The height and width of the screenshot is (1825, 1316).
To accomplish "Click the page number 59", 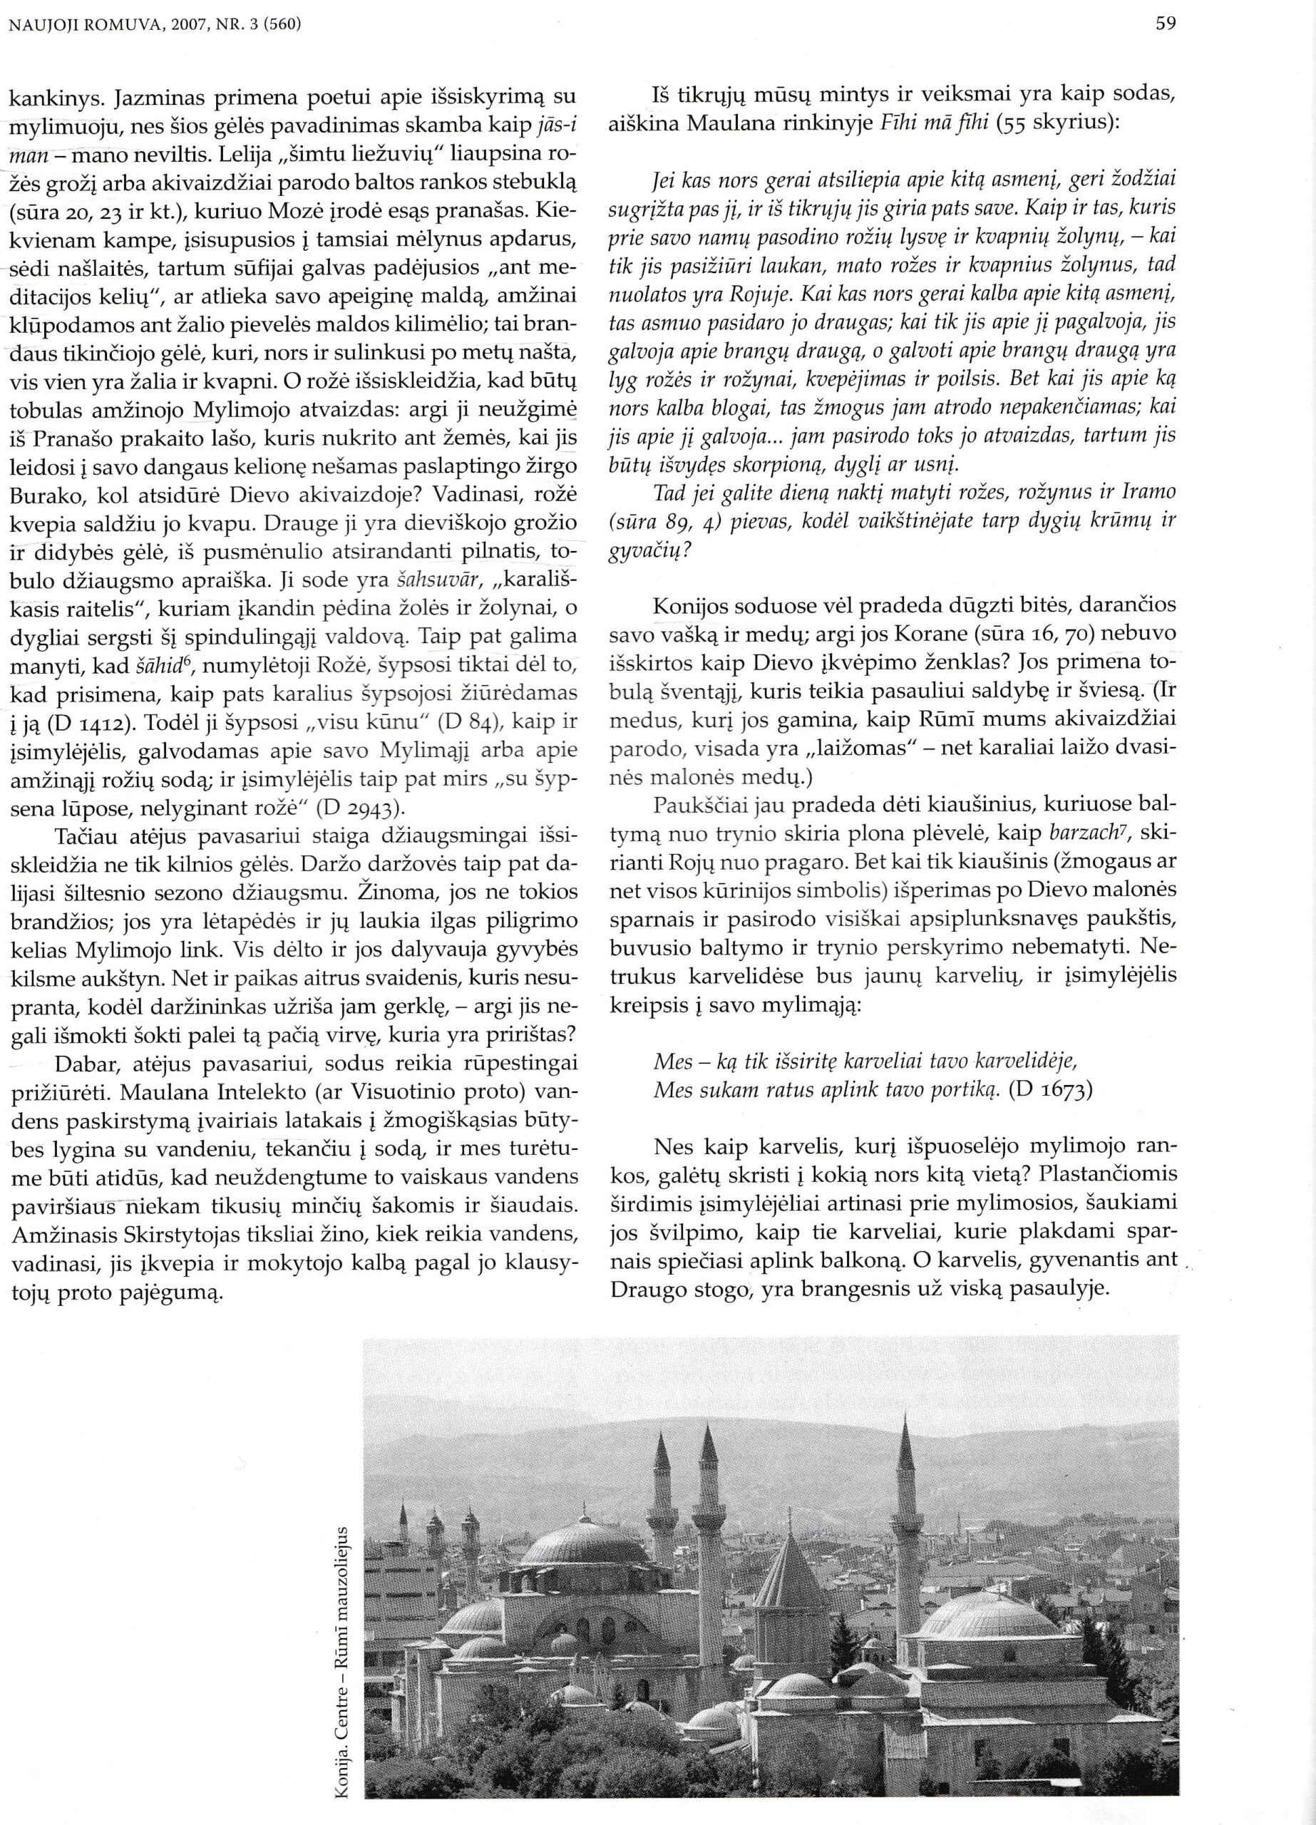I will (1166, 24).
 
